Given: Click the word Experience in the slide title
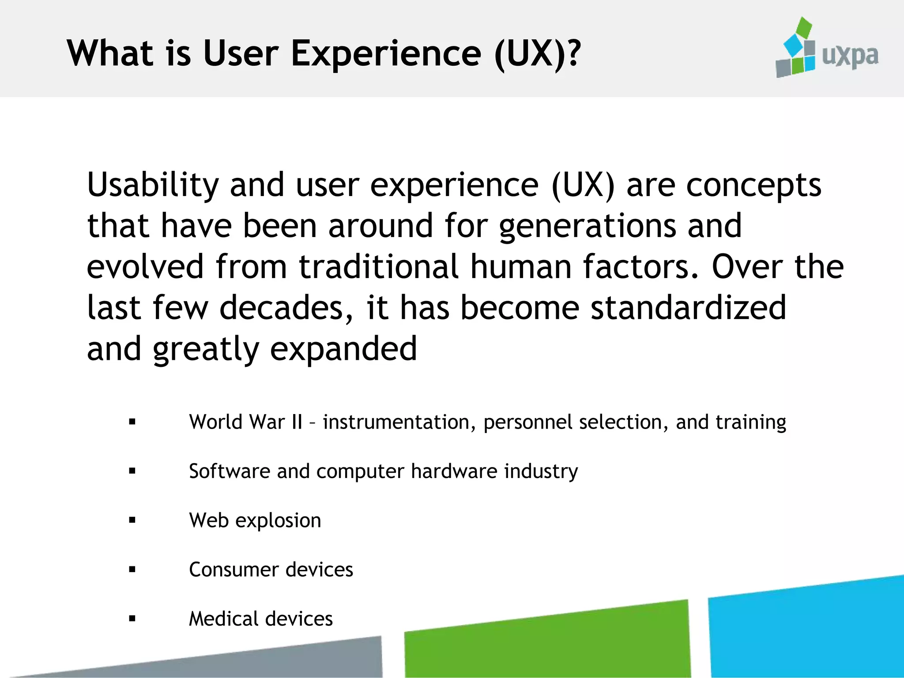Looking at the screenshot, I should point(386,54).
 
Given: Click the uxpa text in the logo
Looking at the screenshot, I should point(850,56).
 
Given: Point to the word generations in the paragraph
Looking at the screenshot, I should point(588,226).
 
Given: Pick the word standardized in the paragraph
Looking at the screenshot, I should point(688,308).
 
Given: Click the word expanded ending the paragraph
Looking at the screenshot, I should point(343,349).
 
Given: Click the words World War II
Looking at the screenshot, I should point(245,422).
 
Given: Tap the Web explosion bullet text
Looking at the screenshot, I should point(255,520).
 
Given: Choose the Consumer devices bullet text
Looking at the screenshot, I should point(271,569).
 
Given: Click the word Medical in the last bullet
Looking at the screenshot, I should point(223,618).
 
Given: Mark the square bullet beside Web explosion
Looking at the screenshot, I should point(132,520).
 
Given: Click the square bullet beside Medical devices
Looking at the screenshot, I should point(132,618).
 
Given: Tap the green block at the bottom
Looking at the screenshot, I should point(547,644).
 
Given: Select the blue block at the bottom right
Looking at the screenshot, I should point(808,631).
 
